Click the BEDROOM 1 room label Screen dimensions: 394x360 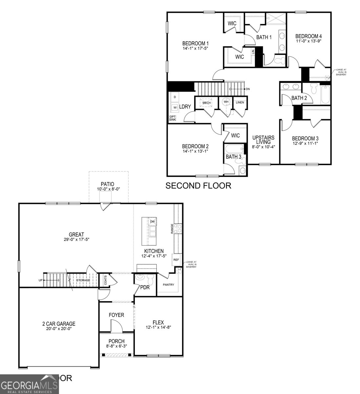coord(195,43)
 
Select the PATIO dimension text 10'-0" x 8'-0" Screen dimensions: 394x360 coord(108,189)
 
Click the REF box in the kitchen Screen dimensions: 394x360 coord(176,259)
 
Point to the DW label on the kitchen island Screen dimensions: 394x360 coord(152,222)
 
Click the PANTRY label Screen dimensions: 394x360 coord(168,285)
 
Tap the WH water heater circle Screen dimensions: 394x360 coord(226,102)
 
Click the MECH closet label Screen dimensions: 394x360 coord(206,103)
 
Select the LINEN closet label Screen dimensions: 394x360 coord(240,102)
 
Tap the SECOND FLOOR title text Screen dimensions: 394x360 coord(198,186)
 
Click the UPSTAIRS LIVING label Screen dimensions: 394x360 coord(263,140)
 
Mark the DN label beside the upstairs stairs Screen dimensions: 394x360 coord(248,89)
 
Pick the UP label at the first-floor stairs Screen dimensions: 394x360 coord(40,280)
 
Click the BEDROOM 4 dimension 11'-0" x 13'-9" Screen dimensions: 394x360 coord(308,41)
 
